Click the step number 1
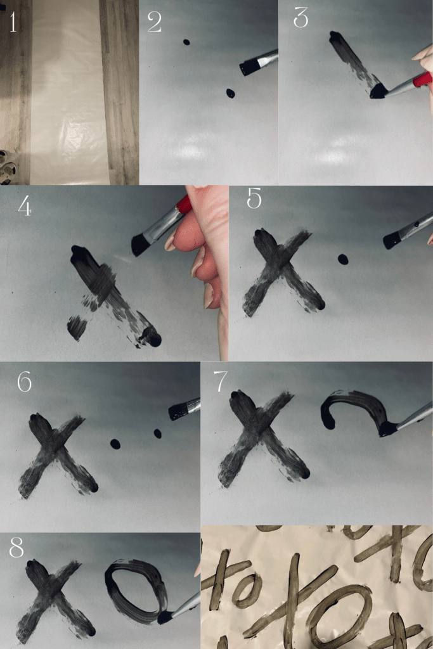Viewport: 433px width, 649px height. pos(13,22)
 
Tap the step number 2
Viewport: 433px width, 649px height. pos(155,22)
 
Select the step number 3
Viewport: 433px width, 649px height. pos(301,18)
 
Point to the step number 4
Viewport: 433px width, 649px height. pos(25,205)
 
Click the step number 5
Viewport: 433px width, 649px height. pos(254,198)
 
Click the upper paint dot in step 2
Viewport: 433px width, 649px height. pos(186,42)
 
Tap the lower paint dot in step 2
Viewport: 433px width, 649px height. pos(230,94)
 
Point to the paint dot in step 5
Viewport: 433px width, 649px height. pos(343,259)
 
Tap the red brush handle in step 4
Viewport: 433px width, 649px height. pos(184,205)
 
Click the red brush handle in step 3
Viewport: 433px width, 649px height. pos(422,79)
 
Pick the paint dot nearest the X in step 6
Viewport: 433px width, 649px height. pos(115,444)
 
